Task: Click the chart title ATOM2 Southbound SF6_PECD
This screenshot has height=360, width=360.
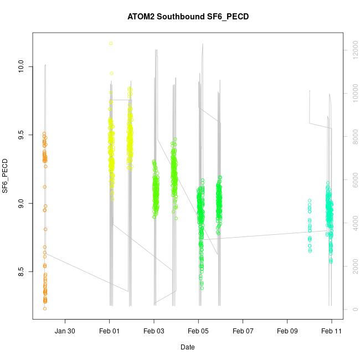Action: pyautogui.click(x=188, y=17)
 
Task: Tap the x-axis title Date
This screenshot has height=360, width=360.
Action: pyautogui.click(x=187, y=347)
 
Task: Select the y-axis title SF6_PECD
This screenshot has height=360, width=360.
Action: pyautogui.click(x=6, y=176)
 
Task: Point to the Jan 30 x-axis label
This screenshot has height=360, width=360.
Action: pyautogui.click(x=65, y=331)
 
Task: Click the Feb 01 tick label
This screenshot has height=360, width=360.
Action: pyautogui.click(x=110, y=331)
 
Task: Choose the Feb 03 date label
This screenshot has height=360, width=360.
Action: pyautogui.click(x=154, y=331)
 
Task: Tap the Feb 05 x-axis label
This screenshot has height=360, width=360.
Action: pyautogui.click(x=198, y=331)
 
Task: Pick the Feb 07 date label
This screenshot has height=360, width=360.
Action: pyautogui.click(x=243, y=331)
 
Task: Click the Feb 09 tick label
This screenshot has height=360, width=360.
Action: pyautogui.click(x=287, y=331)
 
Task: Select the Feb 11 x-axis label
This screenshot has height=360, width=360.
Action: pyautogui.click(x=332, y=331)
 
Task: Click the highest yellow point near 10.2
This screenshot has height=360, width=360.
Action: pyautogui.click(x=111, y=43)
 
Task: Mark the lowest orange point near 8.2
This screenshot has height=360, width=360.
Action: pyautogui.click(x=44, y=308)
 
